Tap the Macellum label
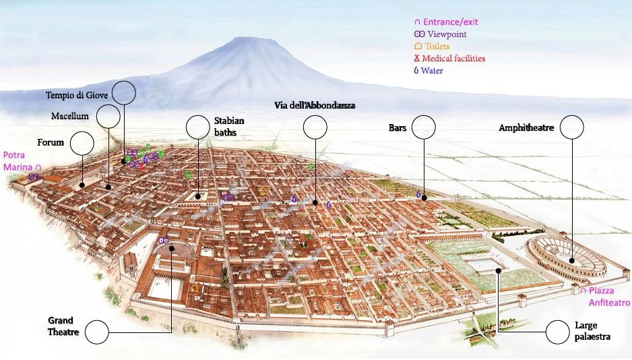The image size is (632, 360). [70, 116]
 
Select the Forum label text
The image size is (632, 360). [51, 142]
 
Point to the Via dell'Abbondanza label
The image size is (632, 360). [315, 106]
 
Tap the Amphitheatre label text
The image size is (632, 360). [526, 127]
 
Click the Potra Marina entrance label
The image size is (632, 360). [20, 160]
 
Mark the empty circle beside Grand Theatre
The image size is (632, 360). [97, 332]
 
